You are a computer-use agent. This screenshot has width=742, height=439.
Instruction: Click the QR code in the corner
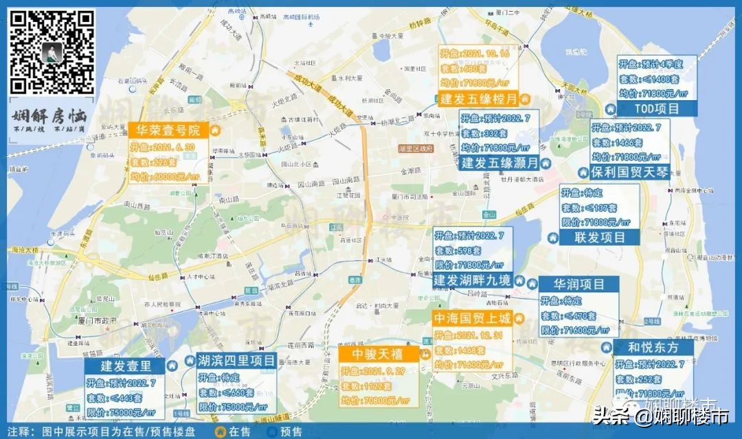click(x=52, y=52)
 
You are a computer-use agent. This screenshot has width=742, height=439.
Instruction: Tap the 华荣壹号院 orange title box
click(x=168, y=130)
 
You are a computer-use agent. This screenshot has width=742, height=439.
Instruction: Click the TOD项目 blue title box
click(x=657, y=108)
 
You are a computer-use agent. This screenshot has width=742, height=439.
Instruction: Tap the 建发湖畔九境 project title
click(x=472, y=281)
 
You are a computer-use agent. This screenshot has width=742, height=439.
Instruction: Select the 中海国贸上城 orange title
click(x=472, y=318)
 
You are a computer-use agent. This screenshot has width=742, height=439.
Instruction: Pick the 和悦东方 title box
click(x=653, y=347)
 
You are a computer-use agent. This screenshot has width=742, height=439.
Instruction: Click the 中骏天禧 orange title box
click(x=379, y=355)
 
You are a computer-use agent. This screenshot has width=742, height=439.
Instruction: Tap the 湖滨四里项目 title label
click(x=236, y=360)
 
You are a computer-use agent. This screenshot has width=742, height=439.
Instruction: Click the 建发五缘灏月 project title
click(x=499, y=163)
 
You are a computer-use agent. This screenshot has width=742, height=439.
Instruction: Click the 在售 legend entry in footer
click(x=236, y=431)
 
